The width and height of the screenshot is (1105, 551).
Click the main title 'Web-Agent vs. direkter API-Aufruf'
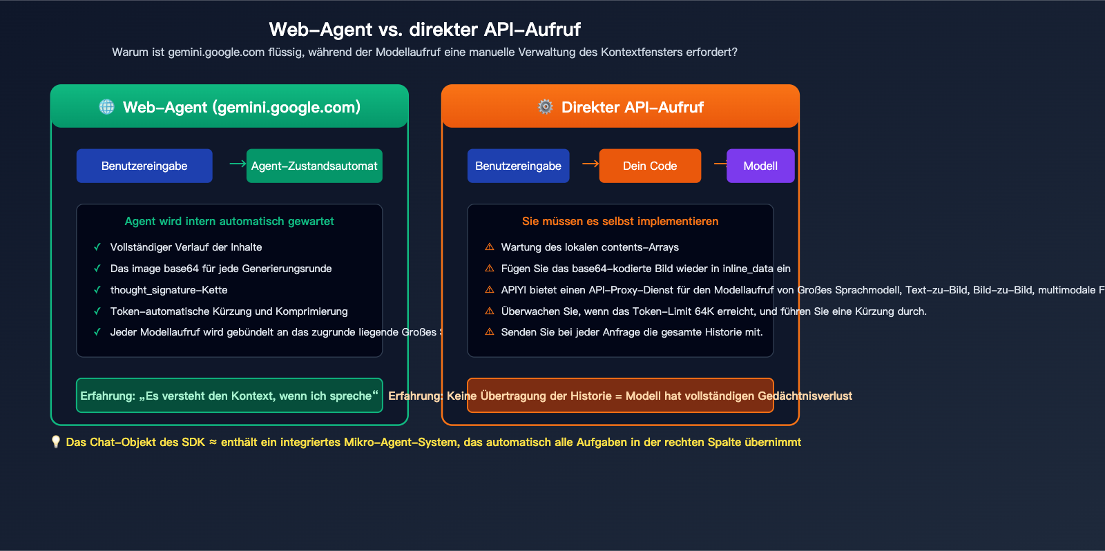pyautogui.click(x=425, y=30)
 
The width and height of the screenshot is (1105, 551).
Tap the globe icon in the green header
pyautogui.click(x=106, y=107)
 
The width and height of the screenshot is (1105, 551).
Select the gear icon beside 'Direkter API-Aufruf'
pyautogui.click(x=546, y=107)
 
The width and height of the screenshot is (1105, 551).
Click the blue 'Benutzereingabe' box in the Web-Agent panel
pyautogui.click(x=144, y=166)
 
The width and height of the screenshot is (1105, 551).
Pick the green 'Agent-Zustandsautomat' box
pyautogui.click(x=314, y=166)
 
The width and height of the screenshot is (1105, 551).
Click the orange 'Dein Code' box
pyautogui.click(x=650, y=166)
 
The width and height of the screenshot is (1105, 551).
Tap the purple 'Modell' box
pyautogui.click(x=760, y=166)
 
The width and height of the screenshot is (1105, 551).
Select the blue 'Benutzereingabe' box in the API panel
pyautogui.click(x=518, y=166)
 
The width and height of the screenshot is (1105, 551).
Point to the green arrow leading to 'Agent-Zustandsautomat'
pyautogui.click(x=238, y=164)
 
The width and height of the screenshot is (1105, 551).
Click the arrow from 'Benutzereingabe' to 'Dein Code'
pyautogui.click(x=590, y=164)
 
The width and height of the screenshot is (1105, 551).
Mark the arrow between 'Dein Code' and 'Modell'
pyautogui.click(x=720, y=164)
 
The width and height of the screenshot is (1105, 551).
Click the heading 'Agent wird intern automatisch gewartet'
pyautogui.click(x=229, y=221)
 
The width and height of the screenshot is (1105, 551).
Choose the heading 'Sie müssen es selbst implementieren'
pyautogui.click(x=620, y=221)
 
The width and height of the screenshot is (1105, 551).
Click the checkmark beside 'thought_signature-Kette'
pyautogui.click(x=97, y=290)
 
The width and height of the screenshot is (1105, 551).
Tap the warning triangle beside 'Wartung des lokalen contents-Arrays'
pyautogui.click(x=490, y=247)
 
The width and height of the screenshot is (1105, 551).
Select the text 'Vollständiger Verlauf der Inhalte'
pyautogui.click(x=186, y=247)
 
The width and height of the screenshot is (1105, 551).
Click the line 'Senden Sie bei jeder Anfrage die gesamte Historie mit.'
pyautogui.click(x=632, y=332)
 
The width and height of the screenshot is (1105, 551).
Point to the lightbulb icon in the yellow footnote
pyautogui.click(x=56, y=442)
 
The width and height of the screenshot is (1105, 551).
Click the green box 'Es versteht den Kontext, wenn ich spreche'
pyautogui.click(x=229, y=396)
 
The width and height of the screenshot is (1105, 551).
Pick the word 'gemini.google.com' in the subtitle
pyautogui.click(x=216, y=52)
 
